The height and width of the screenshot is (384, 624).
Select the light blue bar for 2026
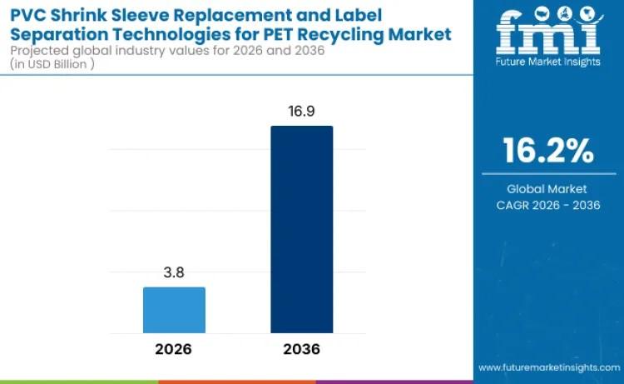point(174,311)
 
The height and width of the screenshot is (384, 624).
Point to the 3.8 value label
point(174,273)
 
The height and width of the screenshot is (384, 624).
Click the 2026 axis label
point(174,349)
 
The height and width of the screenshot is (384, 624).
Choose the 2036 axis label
point(301,349)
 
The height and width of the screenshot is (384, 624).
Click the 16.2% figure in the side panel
point(548,151)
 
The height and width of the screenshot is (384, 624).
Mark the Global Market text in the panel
point(547,189)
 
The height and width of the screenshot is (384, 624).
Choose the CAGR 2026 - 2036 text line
point(547,205)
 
